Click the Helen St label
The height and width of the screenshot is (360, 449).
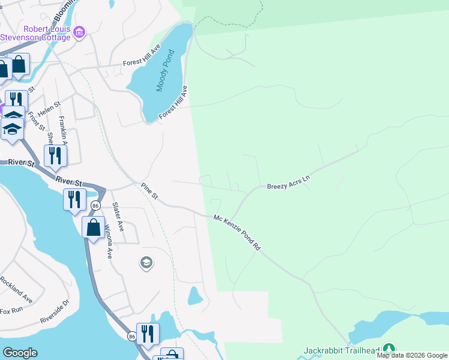point(50,109)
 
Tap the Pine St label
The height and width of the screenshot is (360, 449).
point(149,191)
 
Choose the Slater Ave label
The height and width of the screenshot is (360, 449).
point(118,217)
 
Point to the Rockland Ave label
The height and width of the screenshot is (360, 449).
point(16,289)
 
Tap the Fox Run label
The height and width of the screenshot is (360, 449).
point(11,310)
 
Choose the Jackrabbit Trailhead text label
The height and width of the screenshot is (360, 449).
point(342,350)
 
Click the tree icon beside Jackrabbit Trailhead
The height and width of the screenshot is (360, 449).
point(389,349)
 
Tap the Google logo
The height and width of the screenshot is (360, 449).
point(20,353)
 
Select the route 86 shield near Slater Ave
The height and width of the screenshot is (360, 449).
point(95,206)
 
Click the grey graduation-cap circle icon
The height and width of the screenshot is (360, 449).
point(145,263)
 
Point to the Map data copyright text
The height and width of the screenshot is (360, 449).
point(412,355)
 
